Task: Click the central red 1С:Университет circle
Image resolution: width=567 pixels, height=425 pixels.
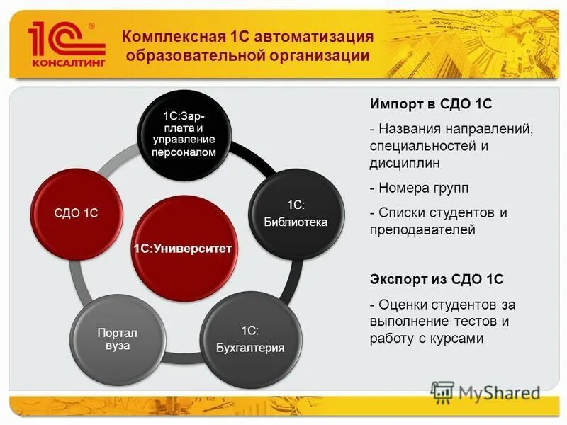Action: point(184,249)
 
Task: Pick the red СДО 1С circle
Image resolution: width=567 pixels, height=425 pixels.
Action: point(77,213)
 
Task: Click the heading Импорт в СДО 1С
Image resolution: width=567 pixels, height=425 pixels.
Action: point(430,104)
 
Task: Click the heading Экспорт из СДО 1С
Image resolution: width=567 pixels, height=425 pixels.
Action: point(436,279)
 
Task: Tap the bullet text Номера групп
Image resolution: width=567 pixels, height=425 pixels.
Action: point(423,188)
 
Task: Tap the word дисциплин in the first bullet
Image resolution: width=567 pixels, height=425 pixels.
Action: point(405,163)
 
